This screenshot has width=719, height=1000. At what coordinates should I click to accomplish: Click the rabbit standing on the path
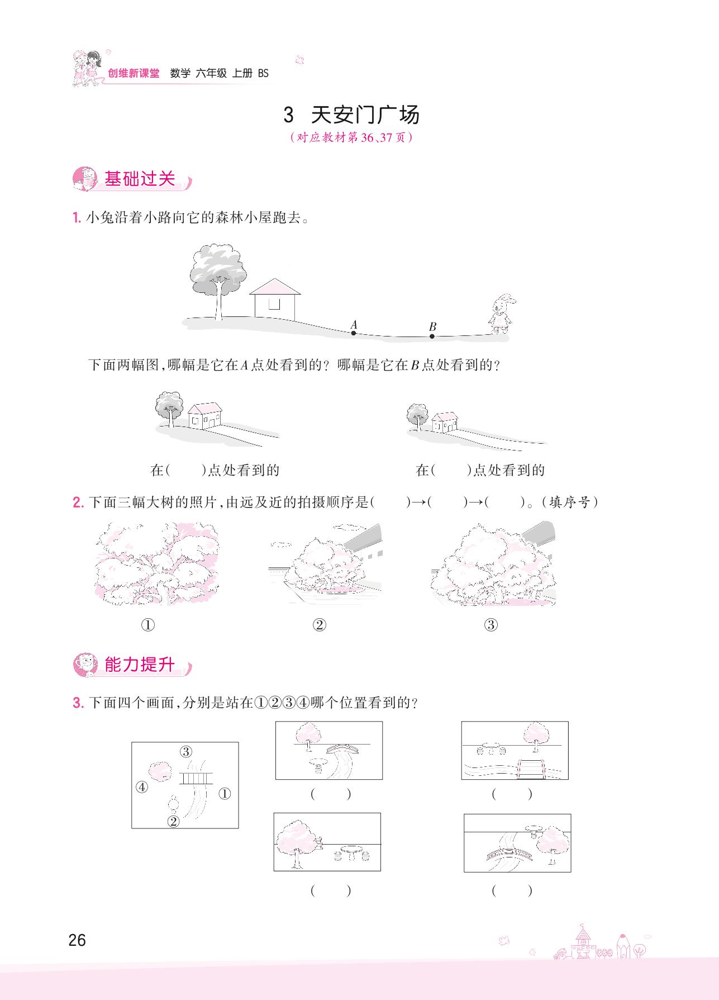tap(501, 314)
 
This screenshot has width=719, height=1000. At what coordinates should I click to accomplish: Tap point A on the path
tap(354, 333)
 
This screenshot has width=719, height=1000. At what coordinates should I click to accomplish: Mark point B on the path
tap(432, 337)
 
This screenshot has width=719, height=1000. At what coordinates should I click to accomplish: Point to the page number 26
tap(77, 940)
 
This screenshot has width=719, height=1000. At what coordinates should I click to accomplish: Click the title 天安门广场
tap(365, 115)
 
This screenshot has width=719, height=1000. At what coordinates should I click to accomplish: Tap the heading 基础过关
tap(140, 179)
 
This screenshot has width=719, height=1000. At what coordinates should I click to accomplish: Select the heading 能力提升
tap(140, 665)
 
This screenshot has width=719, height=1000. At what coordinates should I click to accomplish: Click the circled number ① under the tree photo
tap(148, 625)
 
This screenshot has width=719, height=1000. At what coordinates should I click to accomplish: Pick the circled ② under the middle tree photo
tap(319, 625)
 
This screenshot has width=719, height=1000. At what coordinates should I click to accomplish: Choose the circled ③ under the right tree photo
tap(491, 625)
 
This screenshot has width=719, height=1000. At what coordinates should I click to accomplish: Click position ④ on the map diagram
tap(142, 787)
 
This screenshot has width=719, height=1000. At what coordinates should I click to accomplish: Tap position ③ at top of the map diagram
tap(186, 752)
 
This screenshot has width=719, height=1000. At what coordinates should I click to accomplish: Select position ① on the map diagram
tap(225, 793)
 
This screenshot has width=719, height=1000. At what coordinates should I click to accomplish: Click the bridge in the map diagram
tap(196, 778)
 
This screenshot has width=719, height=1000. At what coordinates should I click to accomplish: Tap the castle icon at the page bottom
tap(583, 942)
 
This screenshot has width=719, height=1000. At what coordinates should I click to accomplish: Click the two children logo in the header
tap(88, 68)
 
